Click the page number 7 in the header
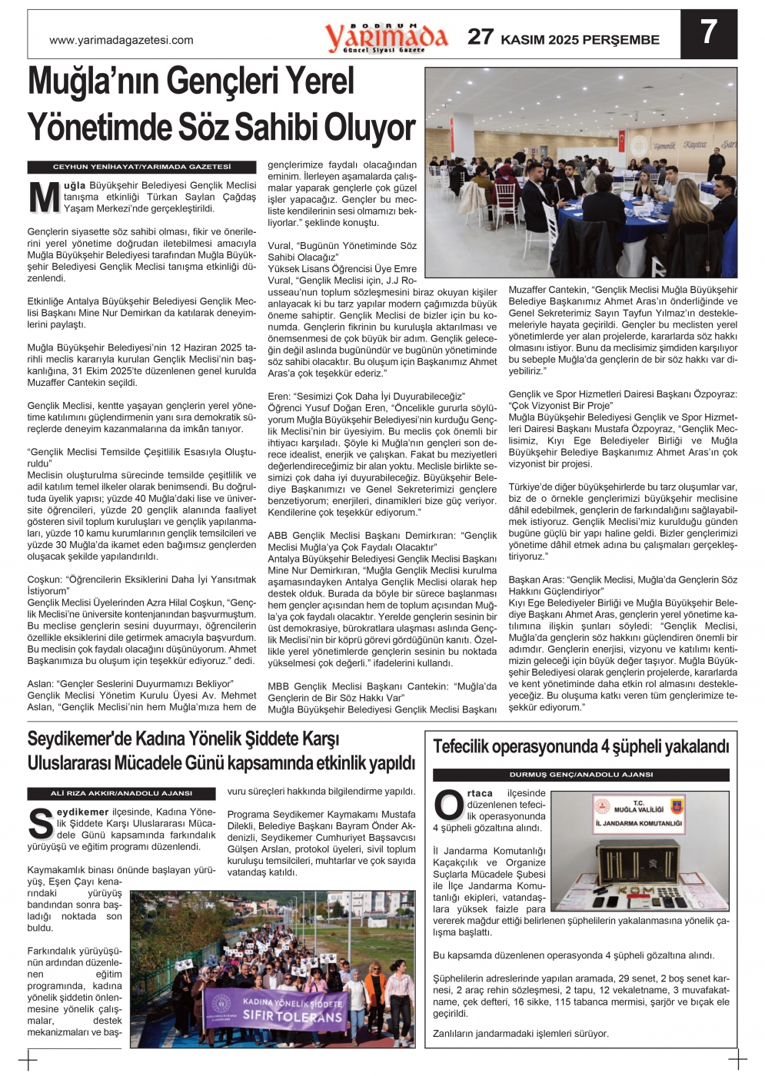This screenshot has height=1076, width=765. (x=708, y=33)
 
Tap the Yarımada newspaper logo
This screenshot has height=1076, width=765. (x=386, y=37)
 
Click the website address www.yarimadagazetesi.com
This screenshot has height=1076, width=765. (x=121, y=41)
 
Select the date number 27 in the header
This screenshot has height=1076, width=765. (x=481, y=37)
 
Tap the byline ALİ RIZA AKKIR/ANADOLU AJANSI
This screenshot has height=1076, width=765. (x=121, y=793)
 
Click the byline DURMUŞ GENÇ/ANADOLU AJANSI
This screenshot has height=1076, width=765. (x=580, y=775)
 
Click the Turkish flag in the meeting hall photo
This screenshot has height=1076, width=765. (x=622, y=143)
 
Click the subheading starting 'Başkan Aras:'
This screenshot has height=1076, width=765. (x=623, y=586)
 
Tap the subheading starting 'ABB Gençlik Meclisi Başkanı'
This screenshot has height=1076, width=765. (x=382, y=541)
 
